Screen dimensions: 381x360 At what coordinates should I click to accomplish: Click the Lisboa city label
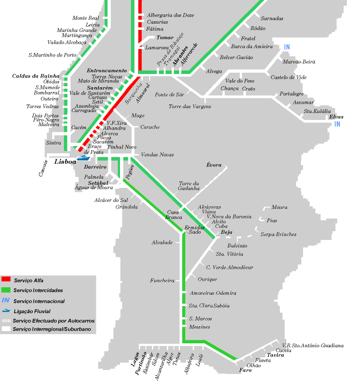tap(65, 162)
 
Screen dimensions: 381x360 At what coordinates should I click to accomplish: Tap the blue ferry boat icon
tap(84, 157)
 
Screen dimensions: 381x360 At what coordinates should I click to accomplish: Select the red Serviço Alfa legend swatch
tap(6, 279)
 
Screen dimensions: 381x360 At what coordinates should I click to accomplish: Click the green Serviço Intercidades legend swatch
tap(6, 290)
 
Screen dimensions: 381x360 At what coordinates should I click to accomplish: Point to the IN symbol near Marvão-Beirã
tap(287, 47)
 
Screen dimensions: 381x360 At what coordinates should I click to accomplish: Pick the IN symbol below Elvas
tap(337, 124)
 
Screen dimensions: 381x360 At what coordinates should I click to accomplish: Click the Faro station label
tap(246, 370)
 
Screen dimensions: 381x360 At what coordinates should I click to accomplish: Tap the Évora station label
tap(214, 166)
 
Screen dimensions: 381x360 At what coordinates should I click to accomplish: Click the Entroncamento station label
tap(107, 71)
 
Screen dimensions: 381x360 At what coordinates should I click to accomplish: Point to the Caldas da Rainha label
tap(35, 76)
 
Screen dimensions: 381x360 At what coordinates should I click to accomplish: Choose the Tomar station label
tap(165, 38)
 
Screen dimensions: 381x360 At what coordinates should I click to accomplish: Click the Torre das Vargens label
tap(190, 106)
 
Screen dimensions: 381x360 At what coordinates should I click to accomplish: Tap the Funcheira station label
tap(162, 281)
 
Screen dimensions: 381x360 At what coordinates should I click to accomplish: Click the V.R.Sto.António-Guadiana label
tap(313, 346)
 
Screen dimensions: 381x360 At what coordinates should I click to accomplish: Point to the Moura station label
tap(279, 207)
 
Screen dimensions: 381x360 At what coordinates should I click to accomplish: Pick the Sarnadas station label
tap(272, 19)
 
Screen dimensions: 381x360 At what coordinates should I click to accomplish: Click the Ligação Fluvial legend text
tap(32, 311)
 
